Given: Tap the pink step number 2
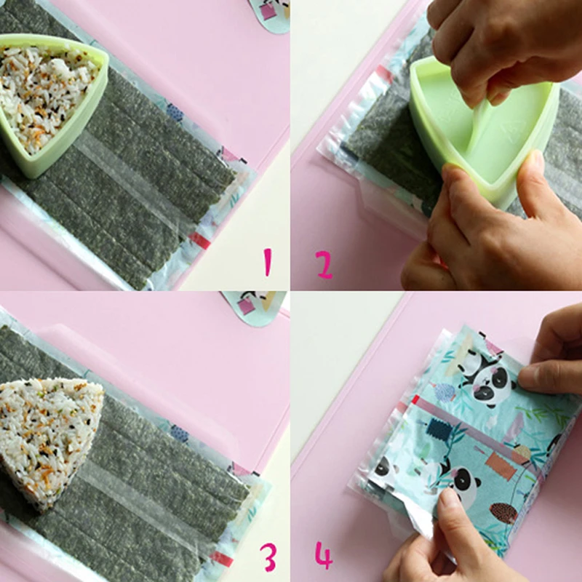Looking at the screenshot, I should coord(324,265).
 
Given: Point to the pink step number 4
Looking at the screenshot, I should coord(324,556).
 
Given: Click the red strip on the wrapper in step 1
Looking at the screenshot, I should coord(199,240).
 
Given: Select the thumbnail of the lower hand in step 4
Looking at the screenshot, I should coord(450,500).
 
